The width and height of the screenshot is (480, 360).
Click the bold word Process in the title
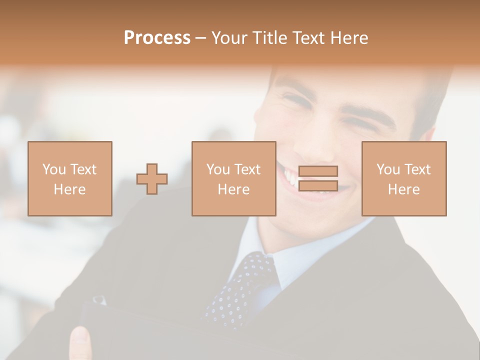[157, 38]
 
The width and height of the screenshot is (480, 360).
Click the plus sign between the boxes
[152, 178]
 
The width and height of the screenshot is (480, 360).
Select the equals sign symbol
[318, 178]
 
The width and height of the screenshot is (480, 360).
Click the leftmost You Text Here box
[70, 178]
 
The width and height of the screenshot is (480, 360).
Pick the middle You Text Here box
[233, 178]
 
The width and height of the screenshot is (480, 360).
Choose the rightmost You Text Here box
[404, 178]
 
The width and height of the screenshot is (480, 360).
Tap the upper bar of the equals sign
[318, 171]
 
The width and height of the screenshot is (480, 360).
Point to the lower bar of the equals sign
[318, 186]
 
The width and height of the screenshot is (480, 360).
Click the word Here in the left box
[69, 189]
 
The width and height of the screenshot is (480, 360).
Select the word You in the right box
[388, 169]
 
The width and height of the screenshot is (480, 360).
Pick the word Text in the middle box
[247, 169]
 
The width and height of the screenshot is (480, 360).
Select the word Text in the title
[307, 38]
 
